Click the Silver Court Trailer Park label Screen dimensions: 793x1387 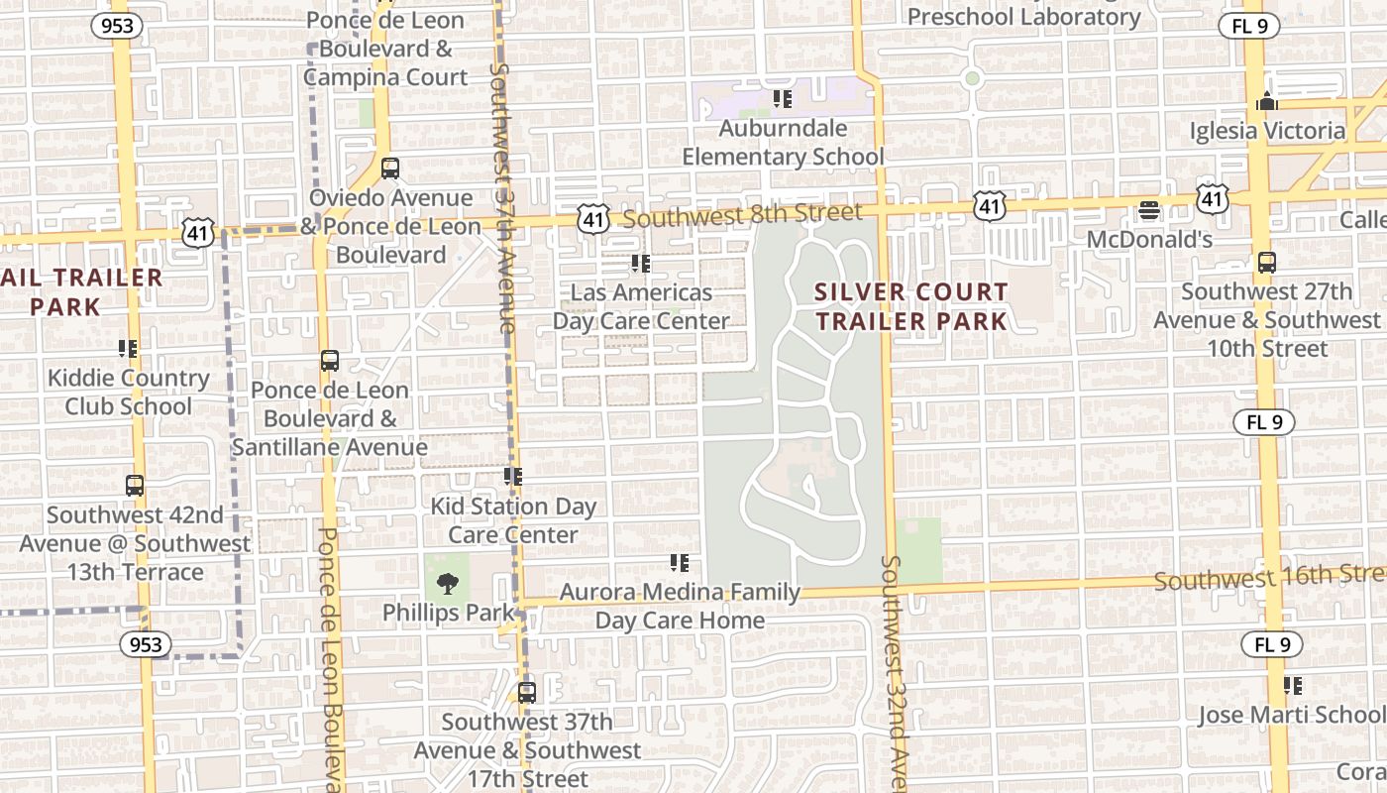coord(910,306)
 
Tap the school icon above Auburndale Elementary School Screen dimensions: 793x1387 coord(783,99)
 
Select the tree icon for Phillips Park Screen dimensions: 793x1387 coord(448,583)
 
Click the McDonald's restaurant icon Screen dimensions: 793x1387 coord(1149,210)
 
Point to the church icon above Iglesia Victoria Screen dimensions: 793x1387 coord(1266,101)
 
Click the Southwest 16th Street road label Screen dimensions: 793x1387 coord(1268,577)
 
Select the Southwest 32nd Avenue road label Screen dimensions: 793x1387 coord(895,674)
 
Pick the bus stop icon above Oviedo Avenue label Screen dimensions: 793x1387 coord(390,169)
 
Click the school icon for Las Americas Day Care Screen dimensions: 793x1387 coord(641,264)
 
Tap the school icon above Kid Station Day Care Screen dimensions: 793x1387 coord(512,477)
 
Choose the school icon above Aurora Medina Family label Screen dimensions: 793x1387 coord(679,563)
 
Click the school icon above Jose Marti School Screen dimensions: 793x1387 coord(1292,685)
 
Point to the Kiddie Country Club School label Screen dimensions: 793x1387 coord(129,392)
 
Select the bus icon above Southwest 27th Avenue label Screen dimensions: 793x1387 coord(1266,263)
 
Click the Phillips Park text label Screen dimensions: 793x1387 coord(449,613)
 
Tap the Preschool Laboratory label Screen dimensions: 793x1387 coord(1024,17)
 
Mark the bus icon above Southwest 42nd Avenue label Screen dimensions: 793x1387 coord(135,486)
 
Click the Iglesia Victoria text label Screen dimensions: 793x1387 coord(1267,131)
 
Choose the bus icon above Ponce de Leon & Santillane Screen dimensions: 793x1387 coord(329,361)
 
